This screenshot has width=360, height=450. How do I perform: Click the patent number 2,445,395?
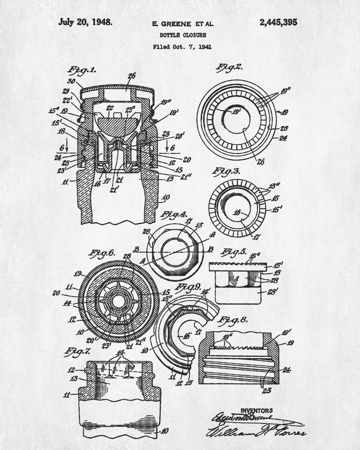click(278, 22)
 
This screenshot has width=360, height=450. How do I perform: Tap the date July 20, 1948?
click(85, 22)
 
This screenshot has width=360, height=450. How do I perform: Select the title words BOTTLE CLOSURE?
click(182, 35)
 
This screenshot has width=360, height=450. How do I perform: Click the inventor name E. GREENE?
click(170, 23)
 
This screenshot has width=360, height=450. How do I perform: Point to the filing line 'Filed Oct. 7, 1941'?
click(182, 46)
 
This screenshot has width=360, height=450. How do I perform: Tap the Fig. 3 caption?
click(228, 171)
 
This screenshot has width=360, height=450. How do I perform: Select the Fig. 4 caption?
click(174, 214)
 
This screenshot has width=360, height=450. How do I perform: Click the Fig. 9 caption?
click(188, 287)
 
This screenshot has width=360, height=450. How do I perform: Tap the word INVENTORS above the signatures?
click(256, 410)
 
